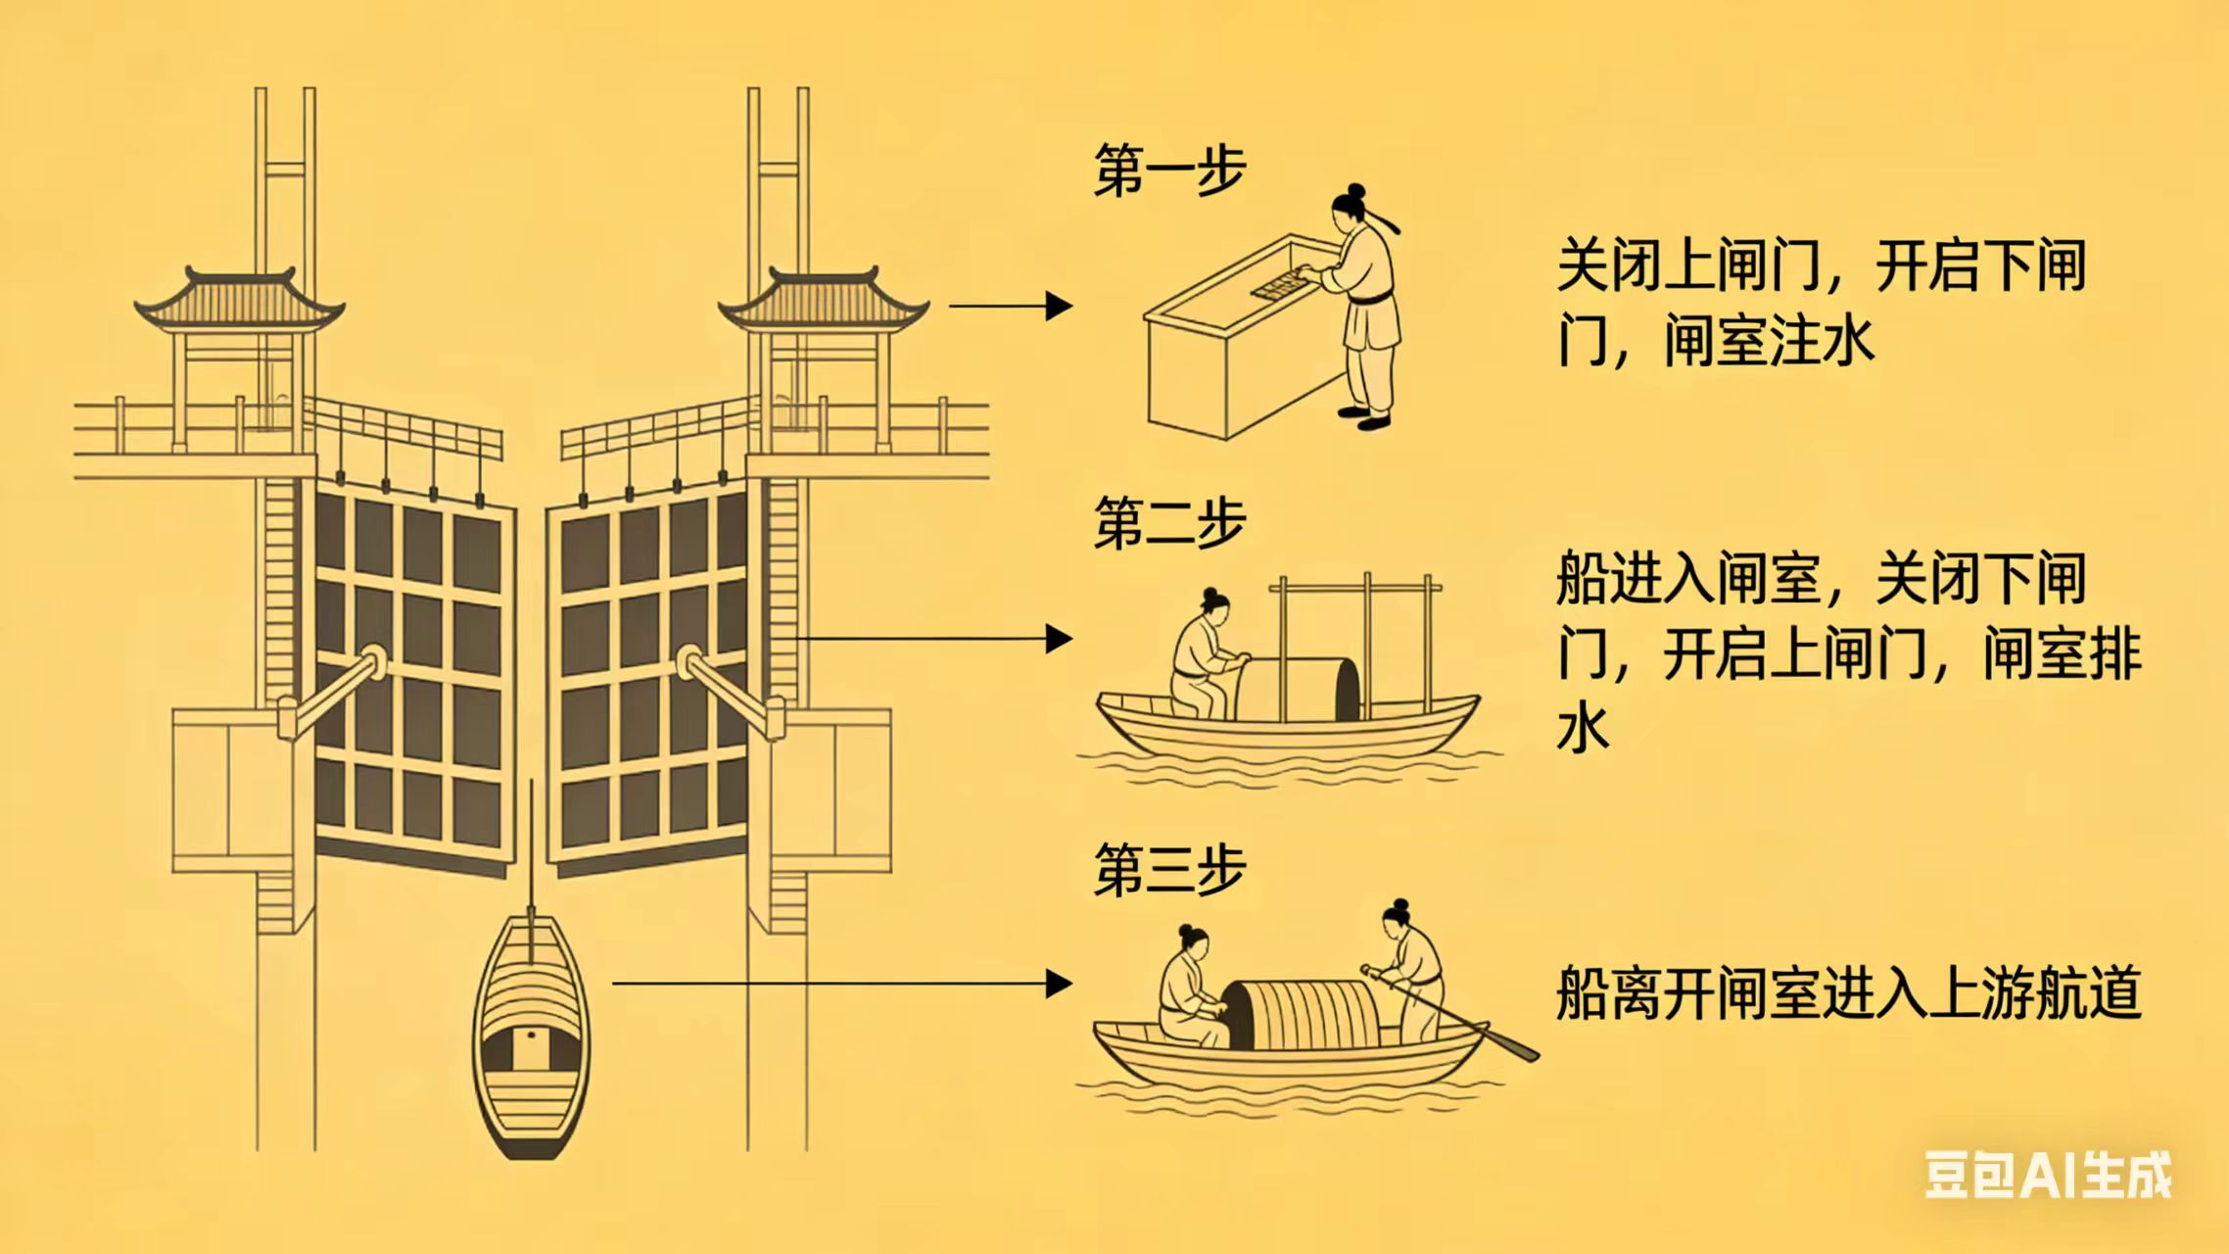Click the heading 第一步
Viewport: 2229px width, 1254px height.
[1168, 171]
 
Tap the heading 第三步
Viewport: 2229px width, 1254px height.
[1168, 869]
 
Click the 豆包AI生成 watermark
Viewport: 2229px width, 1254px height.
[2048, 1174]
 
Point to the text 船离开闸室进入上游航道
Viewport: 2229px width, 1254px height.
[1847, 992]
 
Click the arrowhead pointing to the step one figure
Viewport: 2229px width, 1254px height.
[1059, 307]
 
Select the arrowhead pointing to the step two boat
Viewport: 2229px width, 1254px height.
[1059, 639]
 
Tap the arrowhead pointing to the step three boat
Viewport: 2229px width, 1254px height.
[1059, 983]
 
